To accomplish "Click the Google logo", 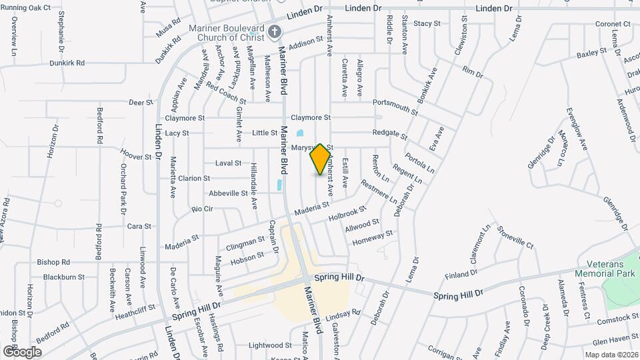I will (22, 351).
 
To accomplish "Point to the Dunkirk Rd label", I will (67, 63).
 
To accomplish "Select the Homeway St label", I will (372, 237).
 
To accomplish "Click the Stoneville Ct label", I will (515, 237).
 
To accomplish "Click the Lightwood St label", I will (270, 345).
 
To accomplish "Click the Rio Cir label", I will (201, 209).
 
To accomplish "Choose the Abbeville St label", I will (228, 193).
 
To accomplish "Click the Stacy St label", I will (427, 23).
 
